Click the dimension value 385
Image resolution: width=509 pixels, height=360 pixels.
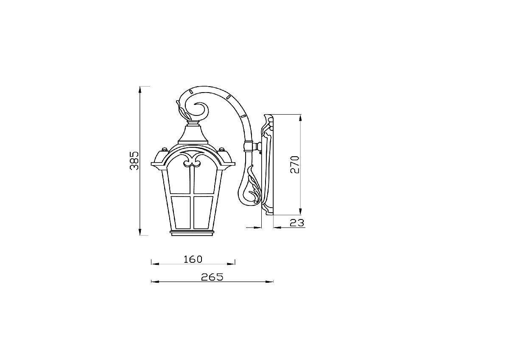[134, 160]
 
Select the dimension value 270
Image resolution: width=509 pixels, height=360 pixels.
[295, 164]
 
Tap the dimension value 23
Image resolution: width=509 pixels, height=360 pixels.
[297, 222]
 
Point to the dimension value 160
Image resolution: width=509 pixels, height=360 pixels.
[193, 259]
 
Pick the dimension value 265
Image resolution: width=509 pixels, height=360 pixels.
[212, 277]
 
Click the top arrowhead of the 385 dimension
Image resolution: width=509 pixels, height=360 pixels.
[140, 90]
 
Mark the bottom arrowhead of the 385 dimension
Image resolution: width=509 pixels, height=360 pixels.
[140, 231]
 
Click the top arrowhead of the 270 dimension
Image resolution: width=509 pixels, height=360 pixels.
[300, 118]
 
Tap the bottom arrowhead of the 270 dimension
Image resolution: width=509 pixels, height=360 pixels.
[300, 211]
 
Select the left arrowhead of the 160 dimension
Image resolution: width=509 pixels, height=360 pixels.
[155, 264]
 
